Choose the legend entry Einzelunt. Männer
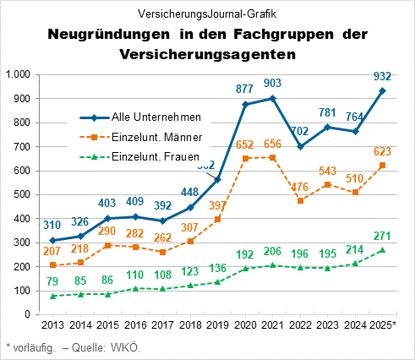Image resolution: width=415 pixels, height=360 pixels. click(x=155, y=137)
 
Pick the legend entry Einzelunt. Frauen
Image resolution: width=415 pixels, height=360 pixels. click(x=155, y=156)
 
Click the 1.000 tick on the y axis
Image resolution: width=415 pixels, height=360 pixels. click(x=18, y=75)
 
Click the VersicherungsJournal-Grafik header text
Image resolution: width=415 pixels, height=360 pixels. click(x=206, y=14)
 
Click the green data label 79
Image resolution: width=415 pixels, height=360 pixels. click(x=52, y=282)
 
